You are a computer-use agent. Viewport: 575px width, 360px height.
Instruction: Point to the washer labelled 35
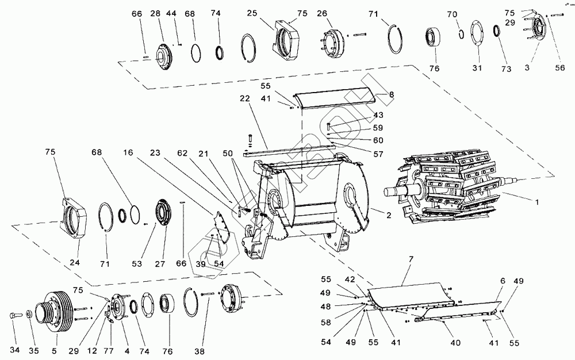coord(29,315)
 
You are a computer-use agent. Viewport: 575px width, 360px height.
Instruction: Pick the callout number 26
coord(321,13)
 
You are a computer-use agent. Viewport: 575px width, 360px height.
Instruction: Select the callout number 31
coord(476,68)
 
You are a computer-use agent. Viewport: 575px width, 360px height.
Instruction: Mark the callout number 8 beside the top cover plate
coord(392,94)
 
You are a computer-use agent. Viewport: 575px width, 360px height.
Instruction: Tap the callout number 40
coord(455,343)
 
